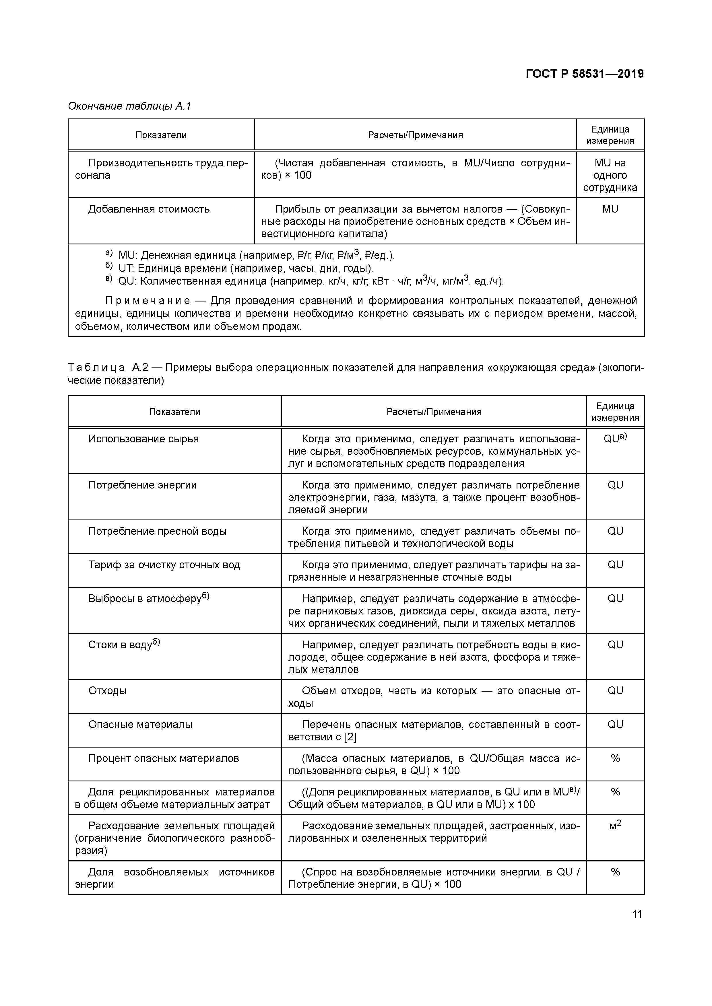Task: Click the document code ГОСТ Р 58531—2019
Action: click(584, 74)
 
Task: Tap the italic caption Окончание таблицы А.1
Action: click(130, 106)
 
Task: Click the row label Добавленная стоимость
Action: click(149, 209)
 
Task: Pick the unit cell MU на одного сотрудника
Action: click(610, 175)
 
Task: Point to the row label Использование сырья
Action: click(143, 439)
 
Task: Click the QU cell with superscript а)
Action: click(615, 438)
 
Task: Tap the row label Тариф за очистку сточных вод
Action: click(164, 565)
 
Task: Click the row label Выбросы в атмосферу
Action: click(149, 598)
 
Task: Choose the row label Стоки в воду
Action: click(124, 645)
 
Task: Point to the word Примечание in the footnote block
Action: click(147, 301)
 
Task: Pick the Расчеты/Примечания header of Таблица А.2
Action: click(434, 412)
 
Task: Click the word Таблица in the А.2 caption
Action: click(96, 367)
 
